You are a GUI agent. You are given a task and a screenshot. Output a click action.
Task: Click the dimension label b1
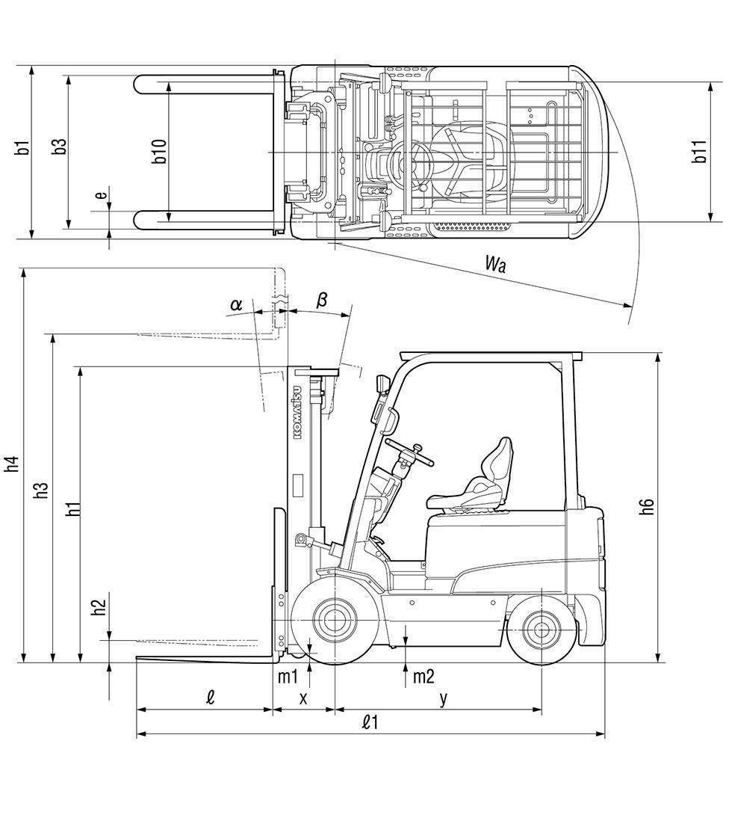tap(24, 147)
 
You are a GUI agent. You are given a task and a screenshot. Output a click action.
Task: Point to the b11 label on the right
tap(700, 152)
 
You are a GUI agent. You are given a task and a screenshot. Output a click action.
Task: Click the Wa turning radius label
tap(495, 263)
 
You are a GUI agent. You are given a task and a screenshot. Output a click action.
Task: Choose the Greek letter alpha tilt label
tap(236, 304)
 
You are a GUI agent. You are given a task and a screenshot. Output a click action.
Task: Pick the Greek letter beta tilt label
tap(322, 300)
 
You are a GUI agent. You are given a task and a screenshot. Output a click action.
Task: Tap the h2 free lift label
tap(99, 604)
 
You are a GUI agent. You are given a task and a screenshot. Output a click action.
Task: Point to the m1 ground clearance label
tap(288, 677)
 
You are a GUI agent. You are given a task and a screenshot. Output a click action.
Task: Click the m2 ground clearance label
tap(424, 677)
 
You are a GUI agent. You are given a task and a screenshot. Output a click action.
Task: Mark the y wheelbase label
tap(443, 698)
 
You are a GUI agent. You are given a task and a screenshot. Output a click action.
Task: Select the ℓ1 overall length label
tap(370, 722)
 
